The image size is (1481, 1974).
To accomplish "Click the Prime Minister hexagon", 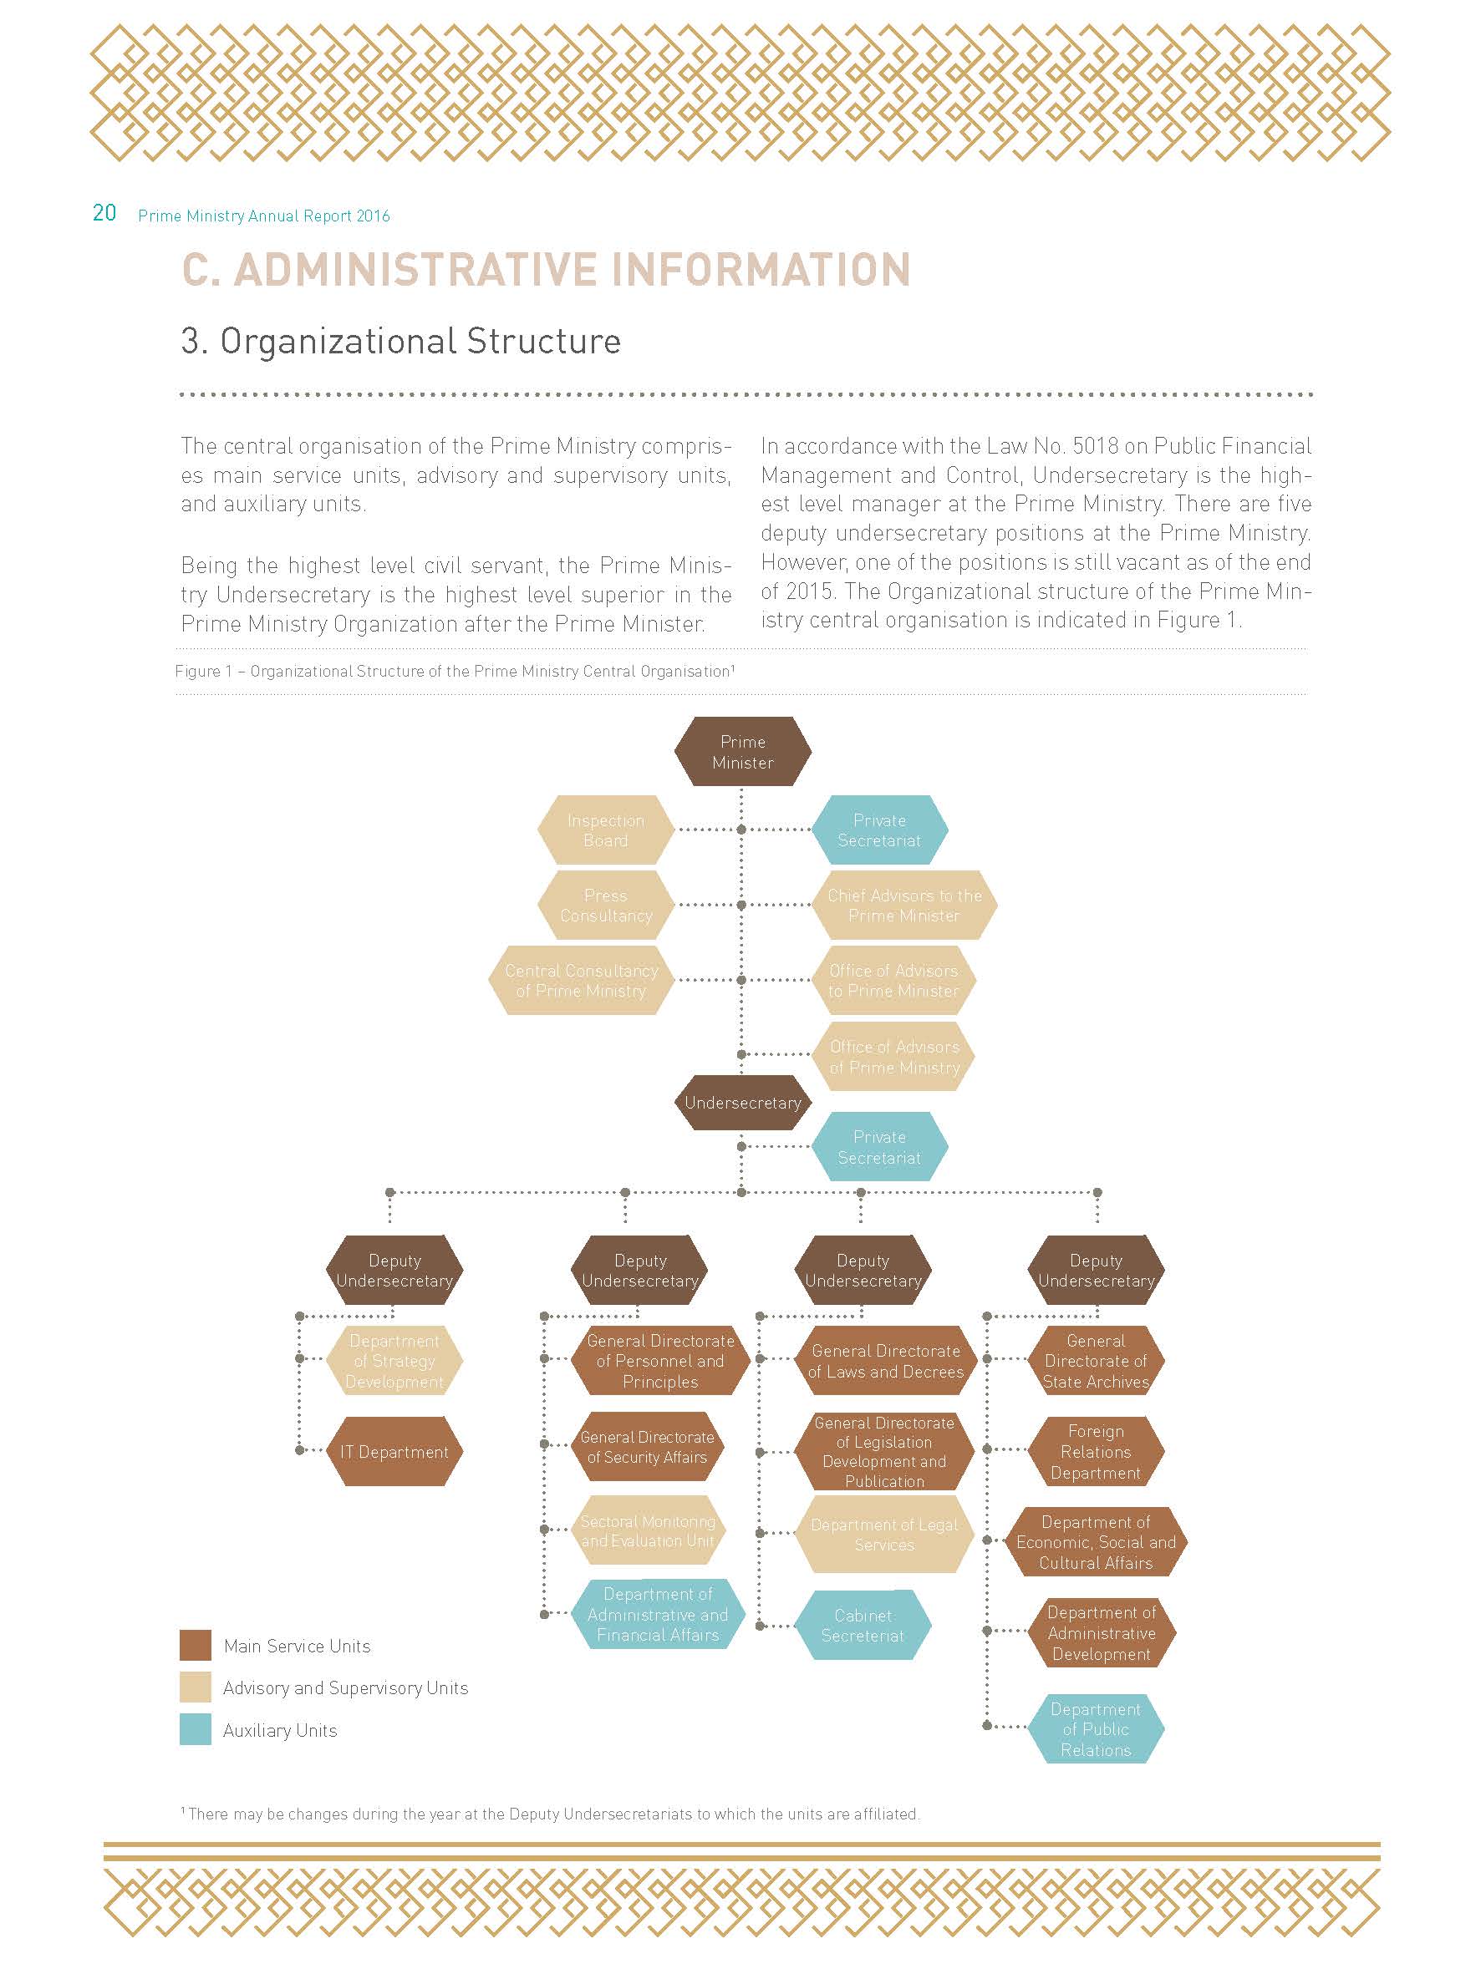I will point(742,751).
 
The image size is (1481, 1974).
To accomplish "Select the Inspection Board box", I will point(605,830).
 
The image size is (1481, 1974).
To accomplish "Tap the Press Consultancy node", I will point(605,905).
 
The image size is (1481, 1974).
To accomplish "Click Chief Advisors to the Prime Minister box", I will point(903,905).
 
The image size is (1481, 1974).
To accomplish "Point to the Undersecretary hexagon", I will point(742,1102).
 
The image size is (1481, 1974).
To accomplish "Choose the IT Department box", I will point(394,1452).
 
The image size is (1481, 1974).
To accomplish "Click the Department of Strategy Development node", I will point(394,1361).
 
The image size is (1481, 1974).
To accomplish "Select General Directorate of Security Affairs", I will point(646,1447).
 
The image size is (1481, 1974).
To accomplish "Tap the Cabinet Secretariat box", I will point(863,1625).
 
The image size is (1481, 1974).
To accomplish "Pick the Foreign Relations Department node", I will point(1096,1452).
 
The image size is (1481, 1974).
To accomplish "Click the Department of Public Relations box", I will point(1096,1728).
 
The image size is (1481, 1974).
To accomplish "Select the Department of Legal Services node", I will point(883,1535).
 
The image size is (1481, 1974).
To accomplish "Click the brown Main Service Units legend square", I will point(196,1646).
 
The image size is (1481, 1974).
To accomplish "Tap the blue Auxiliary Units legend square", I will point(196,1729).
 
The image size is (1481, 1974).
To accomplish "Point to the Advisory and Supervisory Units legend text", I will point(345,1687).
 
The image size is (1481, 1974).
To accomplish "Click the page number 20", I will point(104,213).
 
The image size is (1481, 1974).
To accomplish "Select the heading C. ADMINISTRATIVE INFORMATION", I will point(546,270).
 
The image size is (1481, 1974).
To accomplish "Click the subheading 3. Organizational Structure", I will point(401,341).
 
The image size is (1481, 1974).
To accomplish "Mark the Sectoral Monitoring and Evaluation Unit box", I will point(646,1531).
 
